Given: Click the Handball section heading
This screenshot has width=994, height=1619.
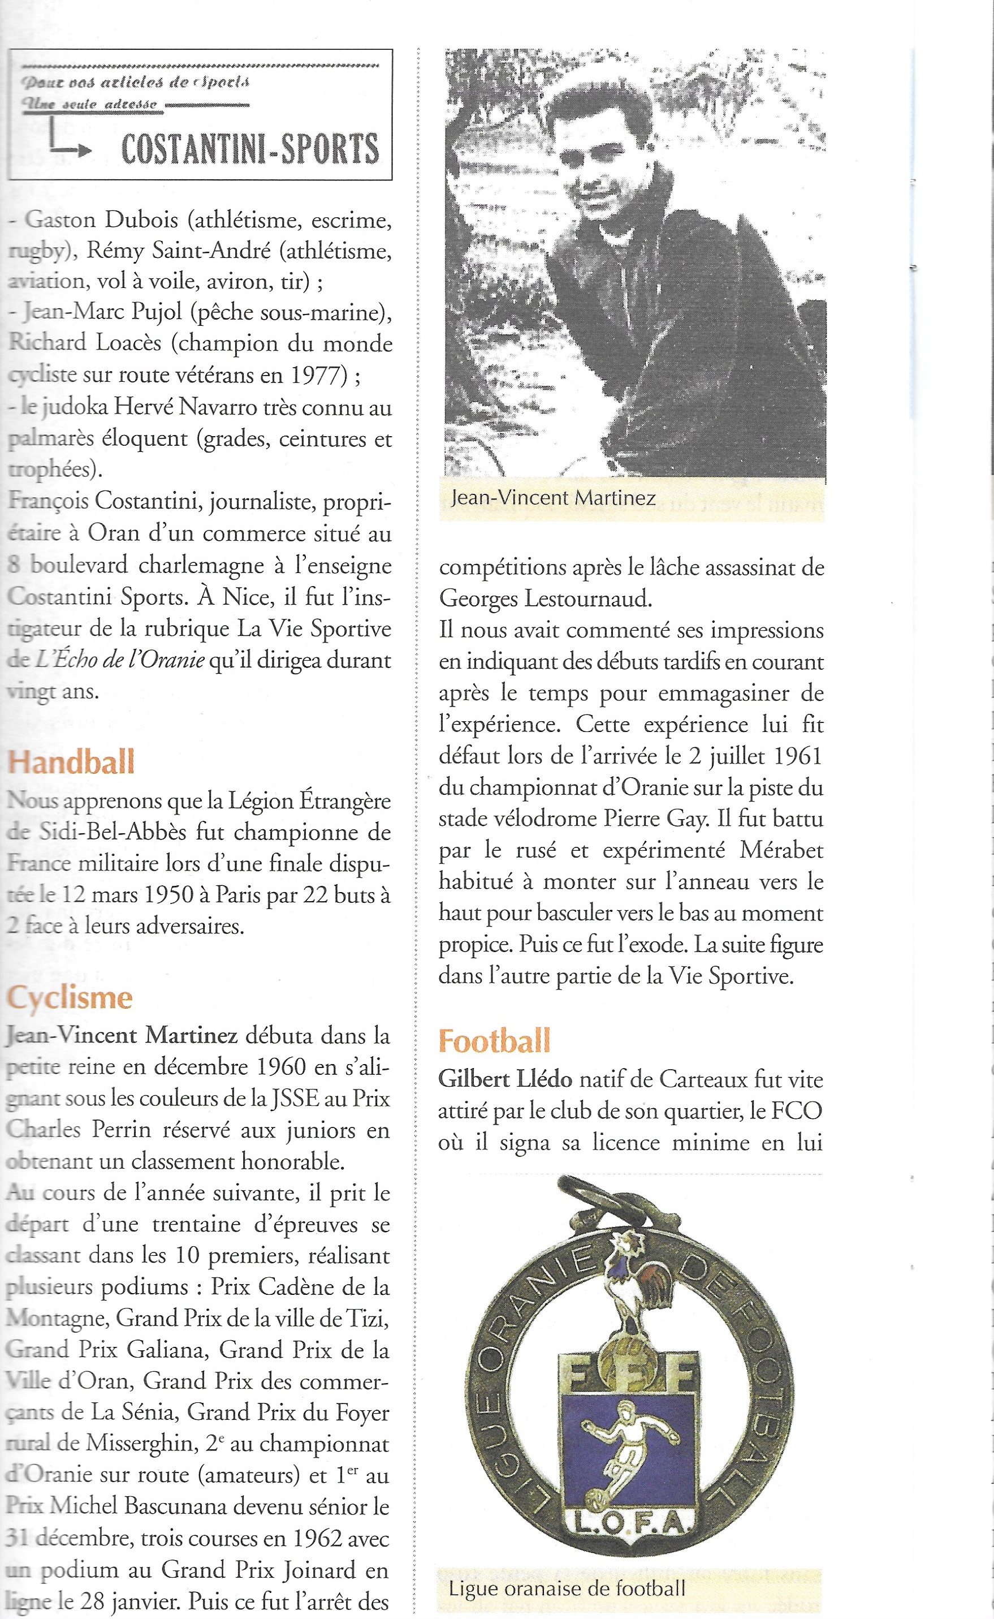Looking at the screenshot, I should click(71, 762).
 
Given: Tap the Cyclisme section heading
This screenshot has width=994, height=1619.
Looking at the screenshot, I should click(70, 997).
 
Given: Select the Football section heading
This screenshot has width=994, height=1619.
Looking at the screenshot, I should click(494, 1041).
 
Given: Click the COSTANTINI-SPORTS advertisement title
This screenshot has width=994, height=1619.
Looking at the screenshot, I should click(250, 149).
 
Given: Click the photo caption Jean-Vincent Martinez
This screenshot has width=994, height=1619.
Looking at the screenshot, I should click(553, 498).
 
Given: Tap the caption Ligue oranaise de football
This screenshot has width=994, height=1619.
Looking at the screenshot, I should click(567, 1589).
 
